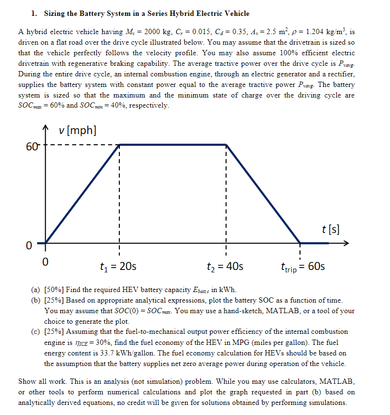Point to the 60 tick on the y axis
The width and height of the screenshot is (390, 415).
pyautogui.click(x=31, y=146)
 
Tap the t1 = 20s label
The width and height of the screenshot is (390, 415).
pyautogui.click(x=118, y=266)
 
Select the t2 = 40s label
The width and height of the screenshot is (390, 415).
pyautogui.click(x=225, y=266)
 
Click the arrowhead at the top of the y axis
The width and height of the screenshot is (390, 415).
pyautogui.click(x=46, y=128)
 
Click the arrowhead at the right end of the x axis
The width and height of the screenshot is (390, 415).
pyautogui.click(x=347, y=243)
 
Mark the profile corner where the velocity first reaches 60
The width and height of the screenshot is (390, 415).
pyautogui.click(x=119, y=144)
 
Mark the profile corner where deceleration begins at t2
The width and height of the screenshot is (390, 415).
pyautogui.click(x=226, y=144)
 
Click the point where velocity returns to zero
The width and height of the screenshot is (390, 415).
pyautogui.click(x=299, y=243)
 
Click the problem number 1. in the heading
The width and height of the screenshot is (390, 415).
pyautogui.click(x=34, y=13)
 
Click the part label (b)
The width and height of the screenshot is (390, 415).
pyautogui.click(x=36, y=300)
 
